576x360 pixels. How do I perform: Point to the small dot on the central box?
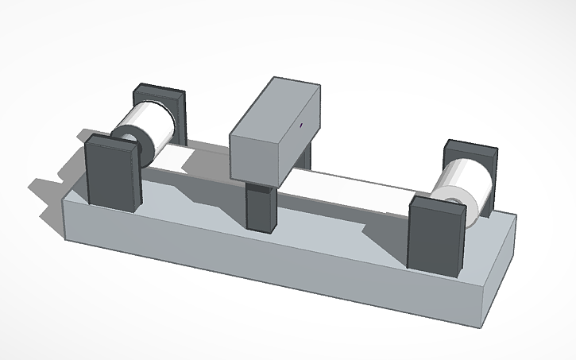point(302,124)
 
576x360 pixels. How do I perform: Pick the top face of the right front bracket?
point(438,205)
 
